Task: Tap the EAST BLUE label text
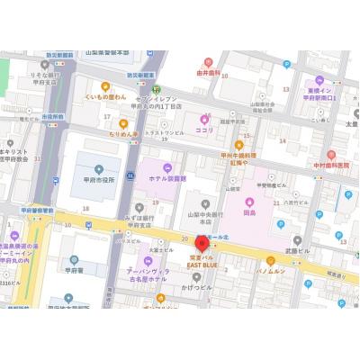click(x=202, y=265)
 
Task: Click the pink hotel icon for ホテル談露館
click(x=167, y=167)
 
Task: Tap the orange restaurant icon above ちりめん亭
click(x=123, y=123)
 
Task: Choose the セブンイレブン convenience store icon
click(x=155, y=90)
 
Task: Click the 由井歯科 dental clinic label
click(x=209, y=74)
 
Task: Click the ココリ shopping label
click(x=205, y=130)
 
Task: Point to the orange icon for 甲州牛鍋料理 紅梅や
click(x=238, y=144)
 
